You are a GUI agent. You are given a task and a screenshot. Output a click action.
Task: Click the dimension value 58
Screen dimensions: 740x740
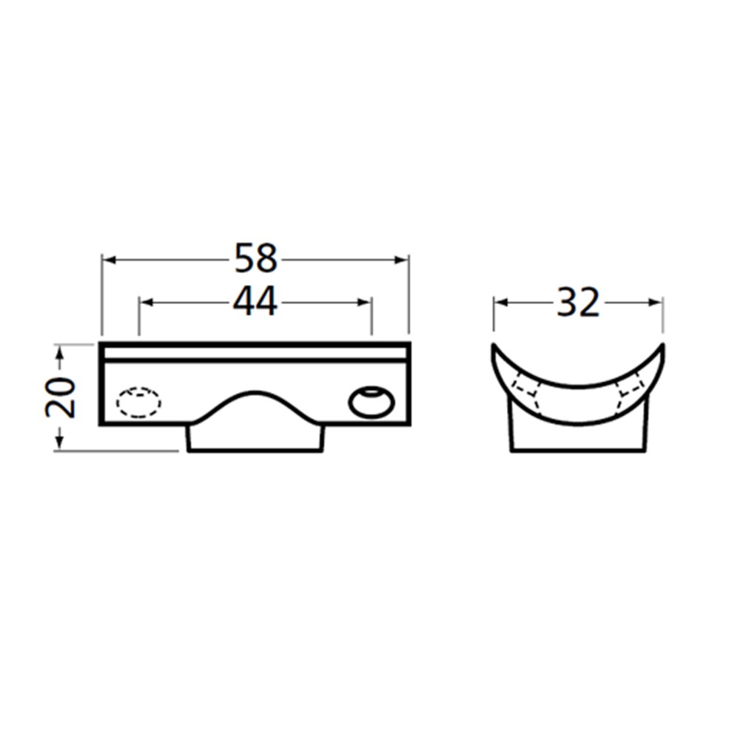[255, 258]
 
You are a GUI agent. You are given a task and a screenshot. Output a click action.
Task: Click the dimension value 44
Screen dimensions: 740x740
[255, 302]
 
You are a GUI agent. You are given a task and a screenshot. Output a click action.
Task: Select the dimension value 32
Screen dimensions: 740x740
[578, 302]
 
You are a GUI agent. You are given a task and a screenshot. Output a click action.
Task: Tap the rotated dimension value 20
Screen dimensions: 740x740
[61, 397]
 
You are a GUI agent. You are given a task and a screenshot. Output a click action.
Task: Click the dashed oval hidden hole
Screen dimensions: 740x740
[139, 403]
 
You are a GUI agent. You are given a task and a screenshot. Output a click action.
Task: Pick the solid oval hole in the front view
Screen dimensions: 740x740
[371, 403]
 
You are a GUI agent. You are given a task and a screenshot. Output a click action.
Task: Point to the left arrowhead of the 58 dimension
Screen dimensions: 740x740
[110, 260]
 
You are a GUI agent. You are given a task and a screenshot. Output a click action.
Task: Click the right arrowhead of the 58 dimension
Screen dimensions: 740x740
[402, 260]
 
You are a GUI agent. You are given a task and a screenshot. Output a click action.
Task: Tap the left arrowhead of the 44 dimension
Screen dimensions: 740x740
[147, 303]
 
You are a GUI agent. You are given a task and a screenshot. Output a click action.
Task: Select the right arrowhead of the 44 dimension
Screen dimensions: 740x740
[365, 303]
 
